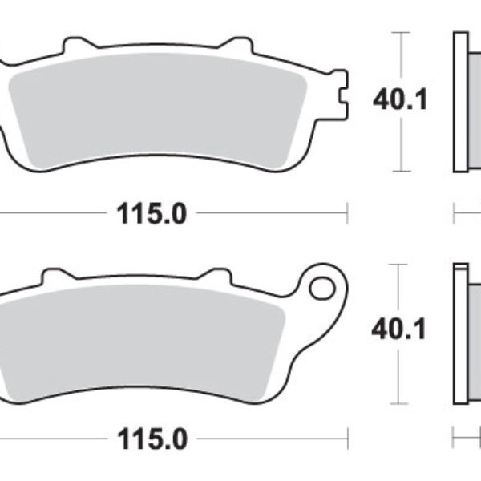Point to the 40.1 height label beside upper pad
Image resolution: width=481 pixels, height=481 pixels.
point(398,101)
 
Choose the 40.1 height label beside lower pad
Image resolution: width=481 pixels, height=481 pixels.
point(398,328)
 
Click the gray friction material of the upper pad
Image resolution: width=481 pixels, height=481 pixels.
point(160,112)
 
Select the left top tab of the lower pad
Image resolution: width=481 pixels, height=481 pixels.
point(53,274)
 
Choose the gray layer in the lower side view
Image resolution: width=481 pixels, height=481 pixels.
point(474,329)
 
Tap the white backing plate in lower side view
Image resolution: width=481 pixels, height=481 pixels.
point(460,329)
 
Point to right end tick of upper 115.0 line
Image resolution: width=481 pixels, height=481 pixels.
point(346,213)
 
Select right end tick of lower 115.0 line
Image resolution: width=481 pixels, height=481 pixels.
point(346,439)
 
